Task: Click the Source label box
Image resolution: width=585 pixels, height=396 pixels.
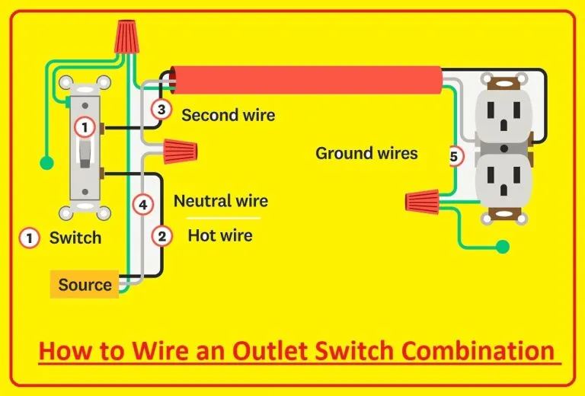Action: coord(85,285)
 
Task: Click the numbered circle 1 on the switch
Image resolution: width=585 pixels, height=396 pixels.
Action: coord(85,127)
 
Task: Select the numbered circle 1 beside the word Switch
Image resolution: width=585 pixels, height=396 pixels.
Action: coord(29,238)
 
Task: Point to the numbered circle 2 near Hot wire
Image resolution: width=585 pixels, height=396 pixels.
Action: coord(161,236)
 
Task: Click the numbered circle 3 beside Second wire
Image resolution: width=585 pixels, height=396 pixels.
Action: coord(161,110)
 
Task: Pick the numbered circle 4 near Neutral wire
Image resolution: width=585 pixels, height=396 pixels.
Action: coord(141,204)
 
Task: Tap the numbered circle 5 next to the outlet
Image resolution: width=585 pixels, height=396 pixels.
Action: coord(454,158)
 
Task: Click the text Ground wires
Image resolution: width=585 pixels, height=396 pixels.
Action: coord(366,154)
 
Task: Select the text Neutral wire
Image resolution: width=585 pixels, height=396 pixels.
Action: coord(221,201)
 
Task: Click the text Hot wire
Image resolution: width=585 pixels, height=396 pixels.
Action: coord(220,236)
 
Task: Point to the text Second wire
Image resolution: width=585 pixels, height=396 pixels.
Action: coord(229,116)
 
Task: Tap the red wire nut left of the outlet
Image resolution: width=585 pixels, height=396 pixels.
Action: coord(421,202)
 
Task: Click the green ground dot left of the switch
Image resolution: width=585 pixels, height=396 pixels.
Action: coord(47,162)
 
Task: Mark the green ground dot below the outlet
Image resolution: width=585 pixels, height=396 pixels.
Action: coord(502,247)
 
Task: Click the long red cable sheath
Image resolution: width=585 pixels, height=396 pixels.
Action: coord(305,78)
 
